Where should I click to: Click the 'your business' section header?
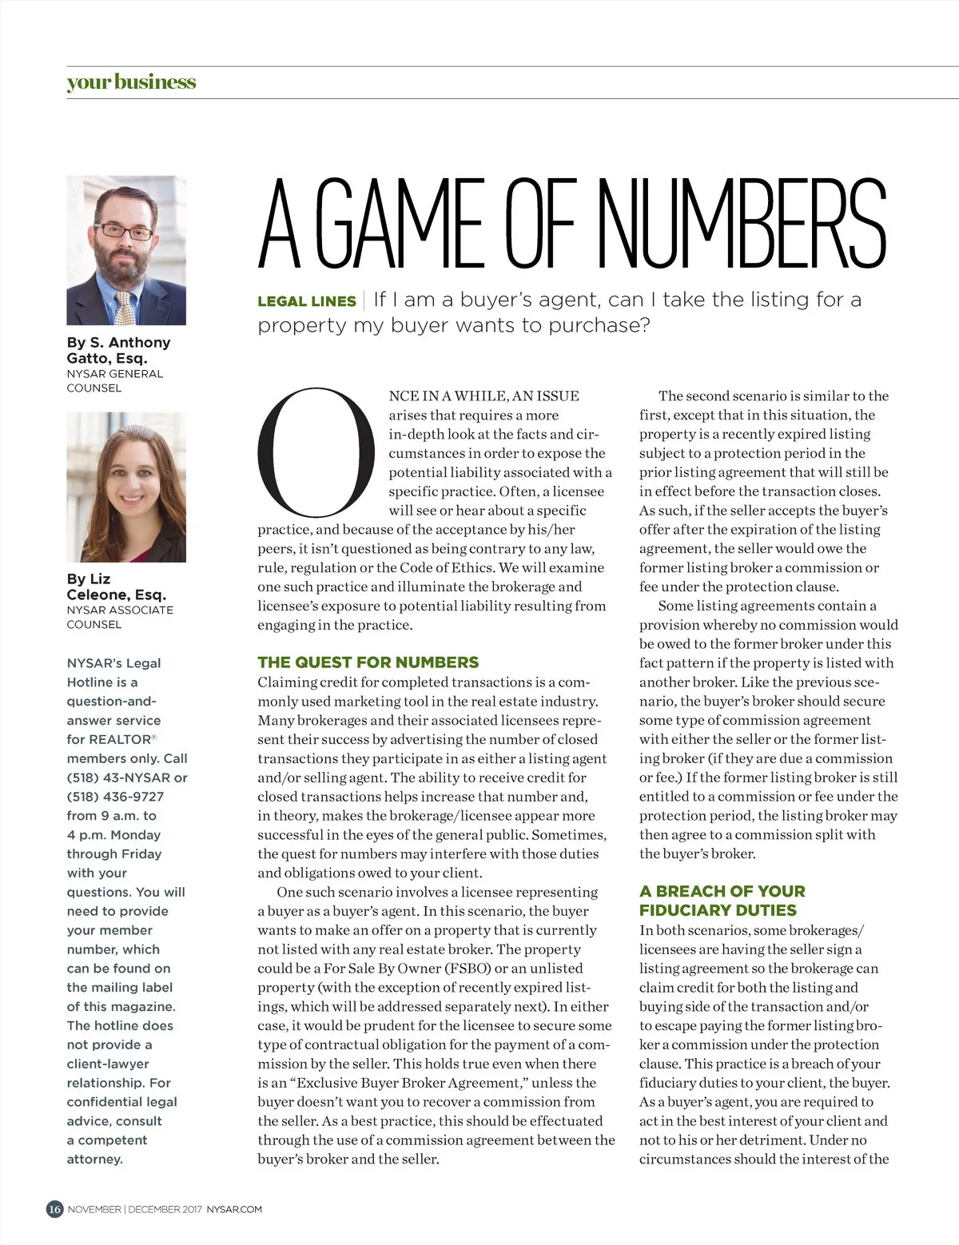pos(131,82)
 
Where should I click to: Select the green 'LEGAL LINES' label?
pos(307,301)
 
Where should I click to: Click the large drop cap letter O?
pos(316,451)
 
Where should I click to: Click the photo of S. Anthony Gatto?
pos(126,250)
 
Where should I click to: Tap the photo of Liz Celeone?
pos(126,487)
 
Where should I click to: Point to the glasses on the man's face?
pos(125,232)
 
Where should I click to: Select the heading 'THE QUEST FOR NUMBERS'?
pos(368,662)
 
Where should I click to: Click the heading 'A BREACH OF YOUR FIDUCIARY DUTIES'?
pos(722,901)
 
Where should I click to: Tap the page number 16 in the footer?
pos(54,1209)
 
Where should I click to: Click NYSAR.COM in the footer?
pos(234,1209)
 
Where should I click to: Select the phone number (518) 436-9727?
pos(115,797)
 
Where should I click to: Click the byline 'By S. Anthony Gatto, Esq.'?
pos(118,350)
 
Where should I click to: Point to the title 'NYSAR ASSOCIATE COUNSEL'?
pos(120,617)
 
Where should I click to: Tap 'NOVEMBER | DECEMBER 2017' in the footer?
pos(135,1209)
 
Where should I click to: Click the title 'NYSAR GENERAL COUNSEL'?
pos(114,380)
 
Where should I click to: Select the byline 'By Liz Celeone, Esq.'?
pos(116,587)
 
